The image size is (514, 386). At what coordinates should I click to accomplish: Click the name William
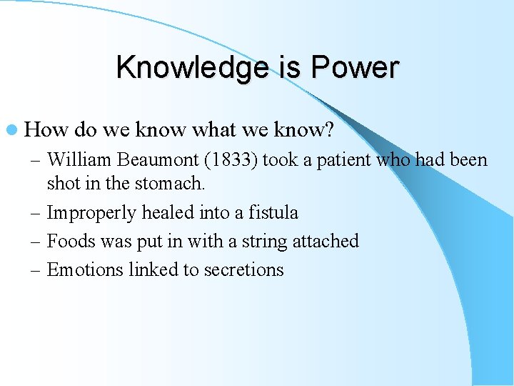80,159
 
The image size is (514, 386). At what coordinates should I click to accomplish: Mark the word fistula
274,212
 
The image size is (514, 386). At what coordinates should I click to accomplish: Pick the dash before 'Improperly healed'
35,213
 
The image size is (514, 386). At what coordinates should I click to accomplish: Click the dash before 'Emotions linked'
35,270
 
